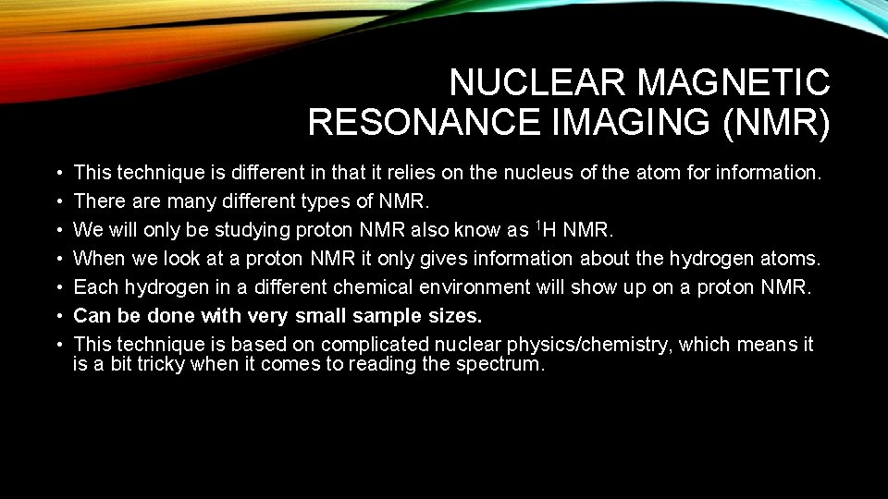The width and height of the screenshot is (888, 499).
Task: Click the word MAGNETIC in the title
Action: point(734,83)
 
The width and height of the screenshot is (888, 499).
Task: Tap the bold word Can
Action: point(91,316)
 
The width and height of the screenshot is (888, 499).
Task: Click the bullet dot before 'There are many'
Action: point(58,201)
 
